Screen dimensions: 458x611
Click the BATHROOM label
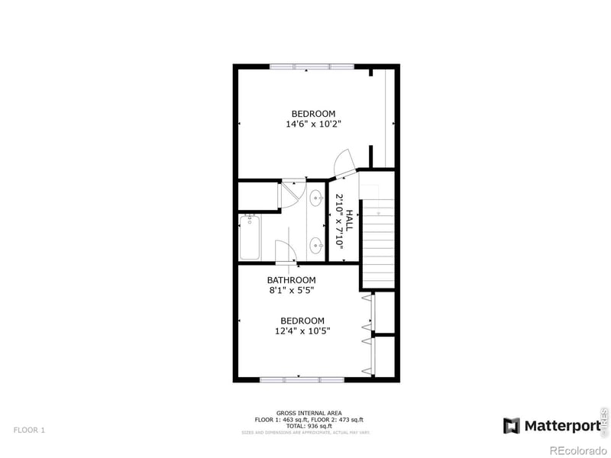coord(291,280)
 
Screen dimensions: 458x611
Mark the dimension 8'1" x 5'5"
coord(291,290)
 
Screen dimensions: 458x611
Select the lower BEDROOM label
coord(302,321)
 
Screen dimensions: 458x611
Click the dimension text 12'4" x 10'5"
coord(302,331)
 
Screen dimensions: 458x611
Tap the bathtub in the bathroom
coord(250,237)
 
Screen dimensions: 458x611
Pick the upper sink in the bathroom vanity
coord(315,198)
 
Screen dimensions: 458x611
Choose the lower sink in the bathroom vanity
coord(315,245)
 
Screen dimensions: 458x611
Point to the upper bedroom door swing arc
coord(342,160)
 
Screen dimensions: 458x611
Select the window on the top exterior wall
coord(310,66)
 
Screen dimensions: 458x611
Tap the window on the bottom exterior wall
coord(301,379)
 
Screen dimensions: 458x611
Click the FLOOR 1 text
coord(29,431)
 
